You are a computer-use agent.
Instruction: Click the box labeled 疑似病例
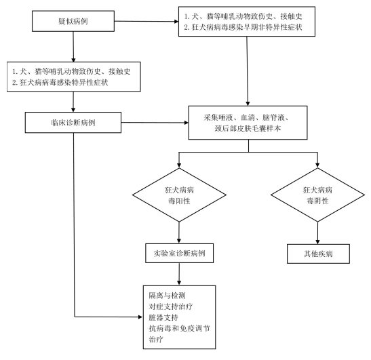pyautogui.click(x=73, y=21)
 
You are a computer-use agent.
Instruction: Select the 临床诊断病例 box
pyautogui.click(x=73, y=123)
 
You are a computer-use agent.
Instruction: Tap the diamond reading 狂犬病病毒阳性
pyautogui.click(x=179, y=195)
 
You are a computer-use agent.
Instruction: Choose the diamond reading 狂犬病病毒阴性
pyautogui.click(x=317, y=195)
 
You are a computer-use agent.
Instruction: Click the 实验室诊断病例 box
pyautogui.click(x=179, y=254)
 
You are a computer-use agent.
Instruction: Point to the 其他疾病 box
pyautogui.click(x=318, y=254)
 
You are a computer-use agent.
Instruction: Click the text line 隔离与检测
pyautogui.click(x=167, y=296)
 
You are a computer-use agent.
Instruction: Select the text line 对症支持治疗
pyautogui.click(x=171, y=306)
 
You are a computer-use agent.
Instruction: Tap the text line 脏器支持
pyautogui.click(x=163, y=317)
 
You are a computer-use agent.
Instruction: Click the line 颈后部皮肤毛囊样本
pyautogui.click(x=248, y=128)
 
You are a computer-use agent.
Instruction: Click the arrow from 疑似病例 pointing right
pyautogui.click(x=147, y=21)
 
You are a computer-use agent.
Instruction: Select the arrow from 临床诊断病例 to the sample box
pyautogui.click(x=155, y=123)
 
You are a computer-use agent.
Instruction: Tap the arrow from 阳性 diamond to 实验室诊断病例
pyautogui.click(x=179, y=233)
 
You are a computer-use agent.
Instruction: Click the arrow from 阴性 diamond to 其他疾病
pyautogui.click(x=317, y=233)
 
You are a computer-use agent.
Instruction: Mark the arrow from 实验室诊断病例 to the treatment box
pyautogui.click(x=179, y=274)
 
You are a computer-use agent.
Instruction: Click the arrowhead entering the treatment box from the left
pyautogui.click(x=140, y=317)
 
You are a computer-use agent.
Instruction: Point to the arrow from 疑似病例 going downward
pyautogui.click(x=73, y=47)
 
